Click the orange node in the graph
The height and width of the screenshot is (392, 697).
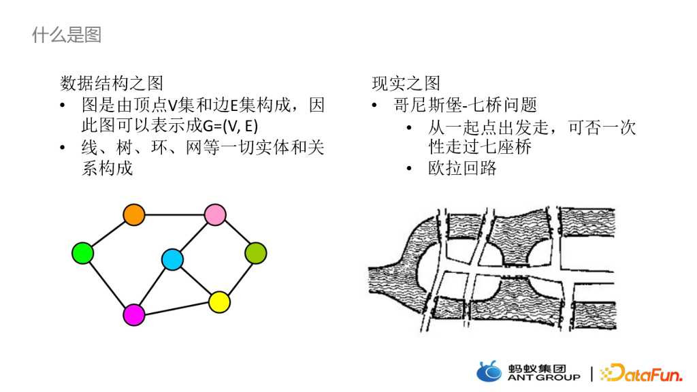click(x=134, y=214)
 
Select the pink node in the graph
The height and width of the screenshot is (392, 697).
click(x=215, y=214)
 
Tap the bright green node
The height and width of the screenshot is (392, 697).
click(x=82, y=253)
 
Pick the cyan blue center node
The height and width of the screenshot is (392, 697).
click(x=172, y=259)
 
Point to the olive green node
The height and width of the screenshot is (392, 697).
click(x=255, y=253)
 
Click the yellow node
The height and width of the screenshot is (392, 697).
click(x=219, y=301)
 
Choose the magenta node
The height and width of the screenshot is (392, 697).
click(x=134, y=314)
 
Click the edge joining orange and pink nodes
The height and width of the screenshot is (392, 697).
click(x=174, y=214)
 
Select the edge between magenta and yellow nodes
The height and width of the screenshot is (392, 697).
click(x=177, y=308)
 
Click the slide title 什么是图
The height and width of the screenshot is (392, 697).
click(x=67, y=35)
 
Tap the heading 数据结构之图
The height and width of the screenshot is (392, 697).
click(x=112, y=84)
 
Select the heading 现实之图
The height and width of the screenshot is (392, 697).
click(x=406, y=84)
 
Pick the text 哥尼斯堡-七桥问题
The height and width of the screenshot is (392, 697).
click(x=465, y=105)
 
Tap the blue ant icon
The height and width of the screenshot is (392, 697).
click(x=489, y=372)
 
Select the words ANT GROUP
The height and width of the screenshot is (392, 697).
click(x=544, y=377)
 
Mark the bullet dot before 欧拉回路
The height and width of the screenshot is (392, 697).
click(x=409, y=169)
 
